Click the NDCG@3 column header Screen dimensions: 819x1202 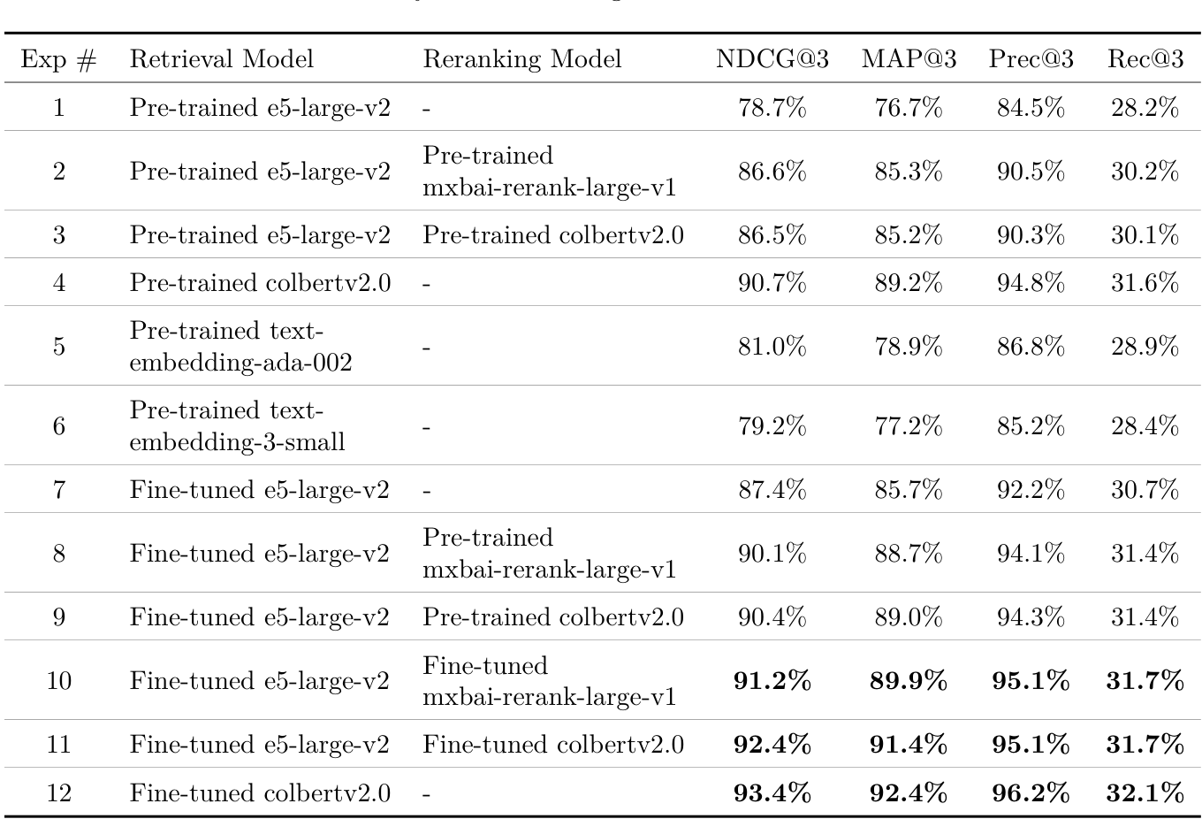[772, 59]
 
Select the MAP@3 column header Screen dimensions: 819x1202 [909, 59]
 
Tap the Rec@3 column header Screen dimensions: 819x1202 [1145, 59]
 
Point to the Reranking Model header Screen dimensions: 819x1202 [521, 59]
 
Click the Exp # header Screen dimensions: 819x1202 [58, 59]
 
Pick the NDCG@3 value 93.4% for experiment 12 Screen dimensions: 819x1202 [772, 792]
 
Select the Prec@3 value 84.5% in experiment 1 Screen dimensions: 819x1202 [1031, 108]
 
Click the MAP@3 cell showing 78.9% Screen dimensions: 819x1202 [909, 346]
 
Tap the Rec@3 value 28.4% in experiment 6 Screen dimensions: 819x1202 [1145, 426]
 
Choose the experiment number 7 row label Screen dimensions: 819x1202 [58, 490]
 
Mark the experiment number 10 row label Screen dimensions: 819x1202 [58, 681]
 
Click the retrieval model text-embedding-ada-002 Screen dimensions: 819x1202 [240, 346]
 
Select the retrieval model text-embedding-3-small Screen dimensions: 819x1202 [237, 426]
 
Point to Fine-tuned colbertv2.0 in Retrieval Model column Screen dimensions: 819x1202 [260, 792]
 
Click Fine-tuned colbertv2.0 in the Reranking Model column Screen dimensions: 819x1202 [552, 745]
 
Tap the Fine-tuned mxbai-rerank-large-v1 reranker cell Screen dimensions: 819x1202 [549, 681]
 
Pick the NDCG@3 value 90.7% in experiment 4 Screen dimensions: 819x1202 [772, 283]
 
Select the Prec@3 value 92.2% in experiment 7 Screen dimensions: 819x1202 [1031, 490]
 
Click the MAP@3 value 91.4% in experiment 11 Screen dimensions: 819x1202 [909, 745]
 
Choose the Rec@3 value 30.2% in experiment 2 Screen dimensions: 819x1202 [1145, 172]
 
